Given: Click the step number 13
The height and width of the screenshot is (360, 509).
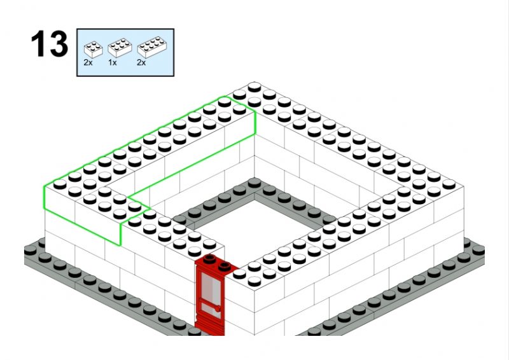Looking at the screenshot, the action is [x=50, y=44].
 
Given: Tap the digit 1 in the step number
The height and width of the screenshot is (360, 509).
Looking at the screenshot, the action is [x=38, y=44].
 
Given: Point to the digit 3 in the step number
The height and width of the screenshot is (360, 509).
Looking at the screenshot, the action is [x=59, y=44].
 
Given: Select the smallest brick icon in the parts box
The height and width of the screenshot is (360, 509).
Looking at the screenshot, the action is [x=93, y=50].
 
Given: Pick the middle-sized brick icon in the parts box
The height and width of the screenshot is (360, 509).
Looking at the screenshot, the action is [x=120, y=48].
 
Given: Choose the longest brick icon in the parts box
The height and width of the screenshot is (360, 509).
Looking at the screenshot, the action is [x=152, y=46].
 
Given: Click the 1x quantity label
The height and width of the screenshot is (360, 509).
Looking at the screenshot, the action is [x=113, y=63].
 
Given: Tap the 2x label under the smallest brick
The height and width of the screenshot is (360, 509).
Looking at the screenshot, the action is [x=88, y=63].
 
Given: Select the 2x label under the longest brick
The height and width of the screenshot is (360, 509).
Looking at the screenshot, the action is [x=141, y=63].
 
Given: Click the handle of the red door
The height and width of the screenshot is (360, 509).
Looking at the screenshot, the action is [x=217, y=308].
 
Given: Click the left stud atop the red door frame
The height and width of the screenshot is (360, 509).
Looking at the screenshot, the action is [x=210, y=258].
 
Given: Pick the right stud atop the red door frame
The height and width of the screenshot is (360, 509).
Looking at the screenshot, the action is [x=225, y=267].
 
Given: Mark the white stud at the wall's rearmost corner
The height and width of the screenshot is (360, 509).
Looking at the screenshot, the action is [x=254, y=87].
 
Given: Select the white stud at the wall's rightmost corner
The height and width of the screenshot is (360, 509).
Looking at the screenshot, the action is [x=449, y=184].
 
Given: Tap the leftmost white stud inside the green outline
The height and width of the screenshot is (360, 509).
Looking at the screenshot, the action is [x=60, y=184].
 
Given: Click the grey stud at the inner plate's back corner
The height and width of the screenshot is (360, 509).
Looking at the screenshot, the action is [x=254, y=183].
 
